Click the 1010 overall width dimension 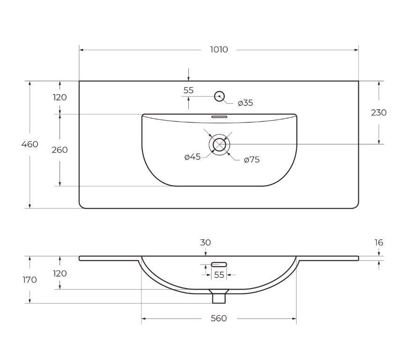point(219,50)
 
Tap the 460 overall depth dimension point(30,144)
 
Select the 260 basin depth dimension point(59,150)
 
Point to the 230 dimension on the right point(379,112)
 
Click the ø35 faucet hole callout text point(245,103)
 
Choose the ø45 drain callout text point(193,157)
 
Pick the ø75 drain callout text point(252,160)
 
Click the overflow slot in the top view point(219,116)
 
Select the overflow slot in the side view point(219,264)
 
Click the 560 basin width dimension point(219,318)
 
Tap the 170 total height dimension point(30,280)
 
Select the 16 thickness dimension point(379,242)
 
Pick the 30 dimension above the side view point(205,242)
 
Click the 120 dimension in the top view point(60,97)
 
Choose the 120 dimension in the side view point(60,273)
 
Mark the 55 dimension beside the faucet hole point(188,90)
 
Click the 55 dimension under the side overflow point(219,275)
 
